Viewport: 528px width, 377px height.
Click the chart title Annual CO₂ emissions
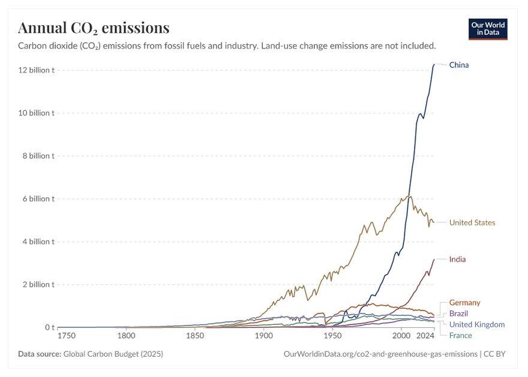coord(94,28)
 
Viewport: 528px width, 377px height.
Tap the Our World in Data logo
coord(488,29)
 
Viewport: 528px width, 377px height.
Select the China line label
coord(459,65)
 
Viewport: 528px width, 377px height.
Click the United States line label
coord(472,222)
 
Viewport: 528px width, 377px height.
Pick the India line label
coord(457,260)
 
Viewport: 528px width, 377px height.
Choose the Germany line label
coord(464,303)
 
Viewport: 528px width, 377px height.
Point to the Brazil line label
coord(458,313)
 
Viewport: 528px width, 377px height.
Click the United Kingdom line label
coord(476,324)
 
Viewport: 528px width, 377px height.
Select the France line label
coord(460,336)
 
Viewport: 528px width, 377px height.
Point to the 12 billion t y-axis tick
coord(37,70)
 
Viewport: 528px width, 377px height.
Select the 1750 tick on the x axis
coord(67,336)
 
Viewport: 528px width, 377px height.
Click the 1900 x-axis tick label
coord(263,336)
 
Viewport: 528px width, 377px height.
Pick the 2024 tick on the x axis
coord(425,336)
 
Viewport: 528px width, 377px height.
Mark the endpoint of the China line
coord(434,64)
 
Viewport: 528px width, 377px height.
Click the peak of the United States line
coord(409,196)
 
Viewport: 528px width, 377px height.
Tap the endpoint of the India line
coord(434,260)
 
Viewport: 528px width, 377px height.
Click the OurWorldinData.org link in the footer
coord(380,354)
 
